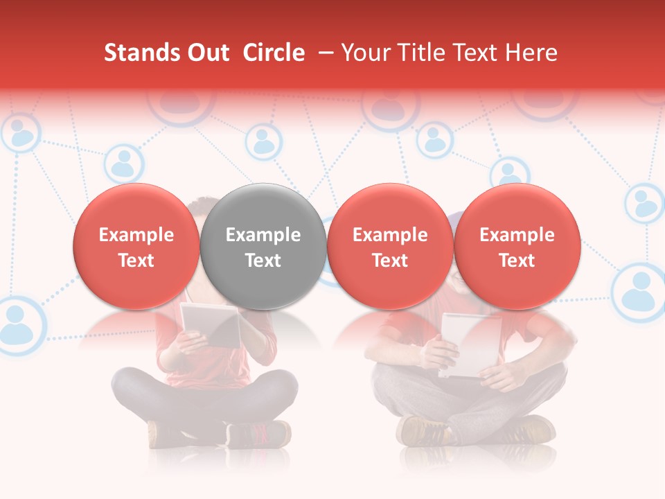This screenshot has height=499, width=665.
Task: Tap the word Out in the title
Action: (206, 53)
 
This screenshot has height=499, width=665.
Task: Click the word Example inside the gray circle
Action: (263, 235)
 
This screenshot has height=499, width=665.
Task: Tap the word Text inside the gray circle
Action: (263, 261)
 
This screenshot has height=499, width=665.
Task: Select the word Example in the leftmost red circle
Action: (136, 235)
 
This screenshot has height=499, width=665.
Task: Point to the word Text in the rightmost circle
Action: (517, 261)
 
